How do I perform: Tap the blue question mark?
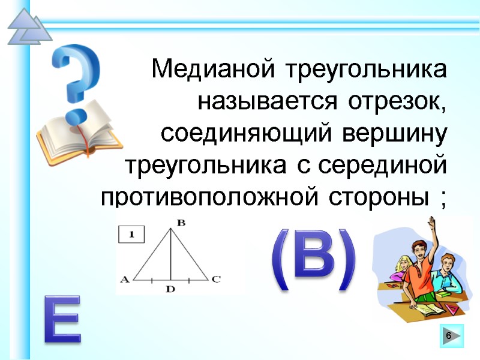[76, 78]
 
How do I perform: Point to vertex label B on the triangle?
[181, 223]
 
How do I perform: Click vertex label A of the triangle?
[125, 279]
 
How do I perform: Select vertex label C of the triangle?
[216, 279]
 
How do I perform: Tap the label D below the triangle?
[170, 289]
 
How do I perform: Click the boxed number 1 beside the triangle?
[131, 234]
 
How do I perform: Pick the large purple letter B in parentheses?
[314, 260]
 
